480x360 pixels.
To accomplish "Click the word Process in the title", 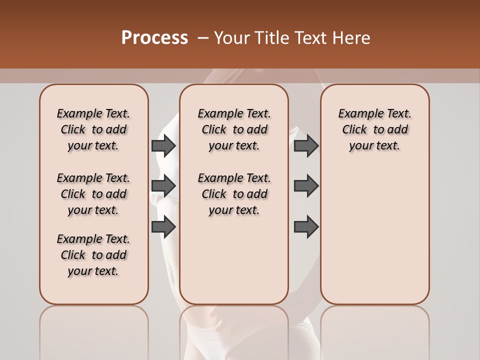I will (x=154, y=38).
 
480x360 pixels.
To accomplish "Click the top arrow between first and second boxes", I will (x=163, y=146).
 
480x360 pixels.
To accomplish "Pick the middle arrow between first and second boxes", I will (x=163, y=186).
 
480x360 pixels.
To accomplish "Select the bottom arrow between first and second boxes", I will (x=163, y=227).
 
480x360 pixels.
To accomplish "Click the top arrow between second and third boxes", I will (x=306, y=146).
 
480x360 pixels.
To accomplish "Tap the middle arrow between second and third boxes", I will (x=306, y=186).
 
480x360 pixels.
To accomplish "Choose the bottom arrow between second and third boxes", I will (x=306, y=227).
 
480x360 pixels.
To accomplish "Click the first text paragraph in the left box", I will (x=93, y=129).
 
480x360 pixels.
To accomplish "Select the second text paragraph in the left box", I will (x=93, y=194).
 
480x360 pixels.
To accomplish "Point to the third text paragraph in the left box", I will (x=93, y=255).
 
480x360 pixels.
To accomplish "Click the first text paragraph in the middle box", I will (x=234, y=129).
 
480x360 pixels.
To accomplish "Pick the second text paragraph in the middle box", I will (x=234, y=194).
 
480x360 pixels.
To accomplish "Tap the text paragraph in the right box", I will (x=375, y=129).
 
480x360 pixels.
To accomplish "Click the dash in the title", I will (x=202, y=38).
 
